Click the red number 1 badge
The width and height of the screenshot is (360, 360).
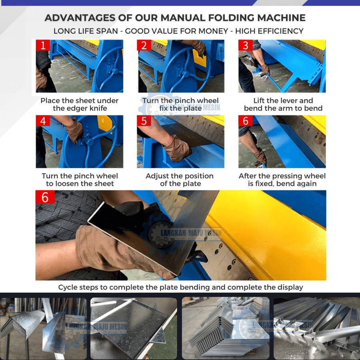tap(43, 45)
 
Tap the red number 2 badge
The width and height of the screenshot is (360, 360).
tap(144, 45)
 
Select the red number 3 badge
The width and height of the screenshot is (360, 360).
tap(246, 45)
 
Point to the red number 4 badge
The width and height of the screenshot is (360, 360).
tap(43, 120)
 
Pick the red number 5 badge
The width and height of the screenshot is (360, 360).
tap(144, 120)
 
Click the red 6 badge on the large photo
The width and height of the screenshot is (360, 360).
tap(45, 197)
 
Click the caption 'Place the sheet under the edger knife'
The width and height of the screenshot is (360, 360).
tap(80, 104)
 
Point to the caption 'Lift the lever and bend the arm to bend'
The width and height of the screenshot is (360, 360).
tap(283, 104)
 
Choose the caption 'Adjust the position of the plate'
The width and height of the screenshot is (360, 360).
tap(180, 180)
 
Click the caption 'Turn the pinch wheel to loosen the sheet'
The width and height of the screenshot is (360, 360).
tap(80, 180)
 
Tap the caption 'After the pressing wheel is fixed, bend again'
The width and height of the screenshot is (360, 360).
tap(282, 180)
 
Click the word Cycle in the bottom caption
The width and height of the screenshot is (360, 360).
tap(68, 287)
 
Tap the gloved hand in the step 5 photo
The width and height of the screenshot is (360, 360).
tap(177, 148)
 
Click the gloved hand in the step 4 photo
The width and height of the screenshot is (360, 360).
tap(74, 131)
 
